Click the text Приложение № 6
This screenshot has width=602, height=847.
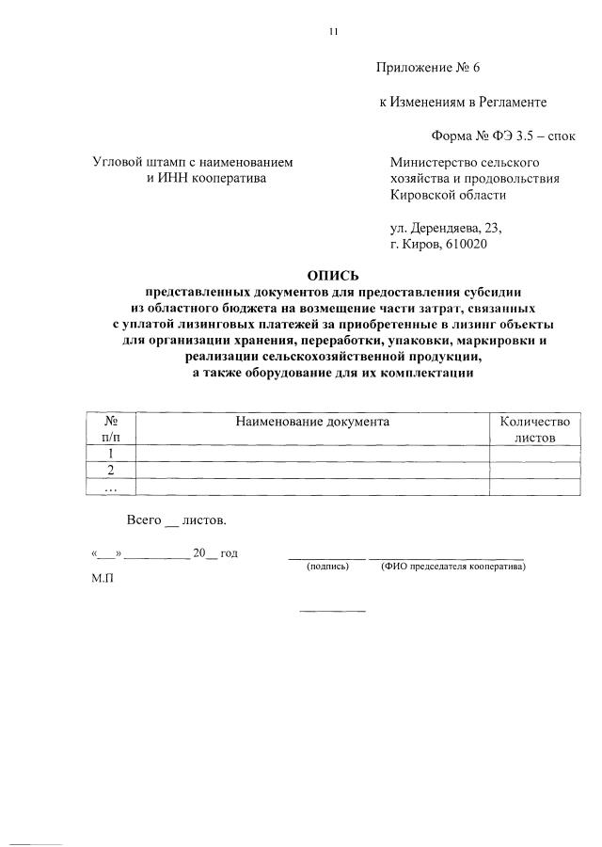point(428,68)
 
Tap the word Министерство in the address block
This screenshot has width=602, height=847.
point(435,162)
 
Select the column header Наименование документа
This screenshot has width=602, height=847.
point(312,423)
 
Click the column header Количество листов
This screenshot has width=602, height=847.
point(535,430)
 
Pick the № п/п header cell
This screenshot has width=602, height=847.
point(111,430)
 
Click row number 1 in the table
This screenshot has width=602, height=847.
point(111,454)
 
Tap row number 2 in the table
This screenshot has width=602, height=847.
point(111,470)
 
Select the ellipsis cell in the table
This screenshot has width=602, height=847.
point(111,487)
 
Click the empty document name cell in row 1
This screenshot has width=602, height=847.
point(312,454)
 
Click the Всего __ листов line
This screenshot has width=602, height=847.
point(177,519)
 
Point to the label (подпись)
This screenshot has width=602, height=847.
point(327,567)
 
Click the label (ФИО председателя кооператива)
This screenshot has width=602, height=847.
point(452,567)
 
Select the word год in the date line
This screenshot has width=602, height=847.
point(229,552)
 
